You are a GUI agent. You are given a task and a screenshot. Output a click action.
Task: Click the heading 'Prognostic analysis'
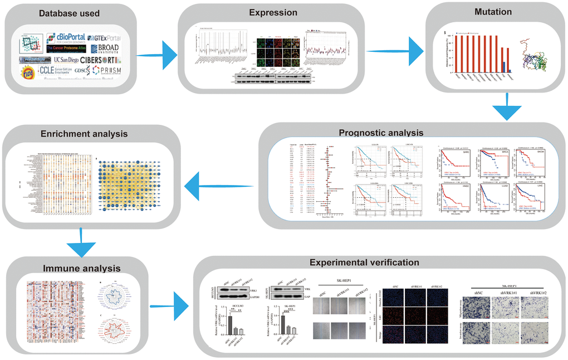[381, 133]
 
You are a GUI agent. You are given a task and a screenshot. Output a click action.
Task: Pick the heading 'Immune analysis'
[81, 269]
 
